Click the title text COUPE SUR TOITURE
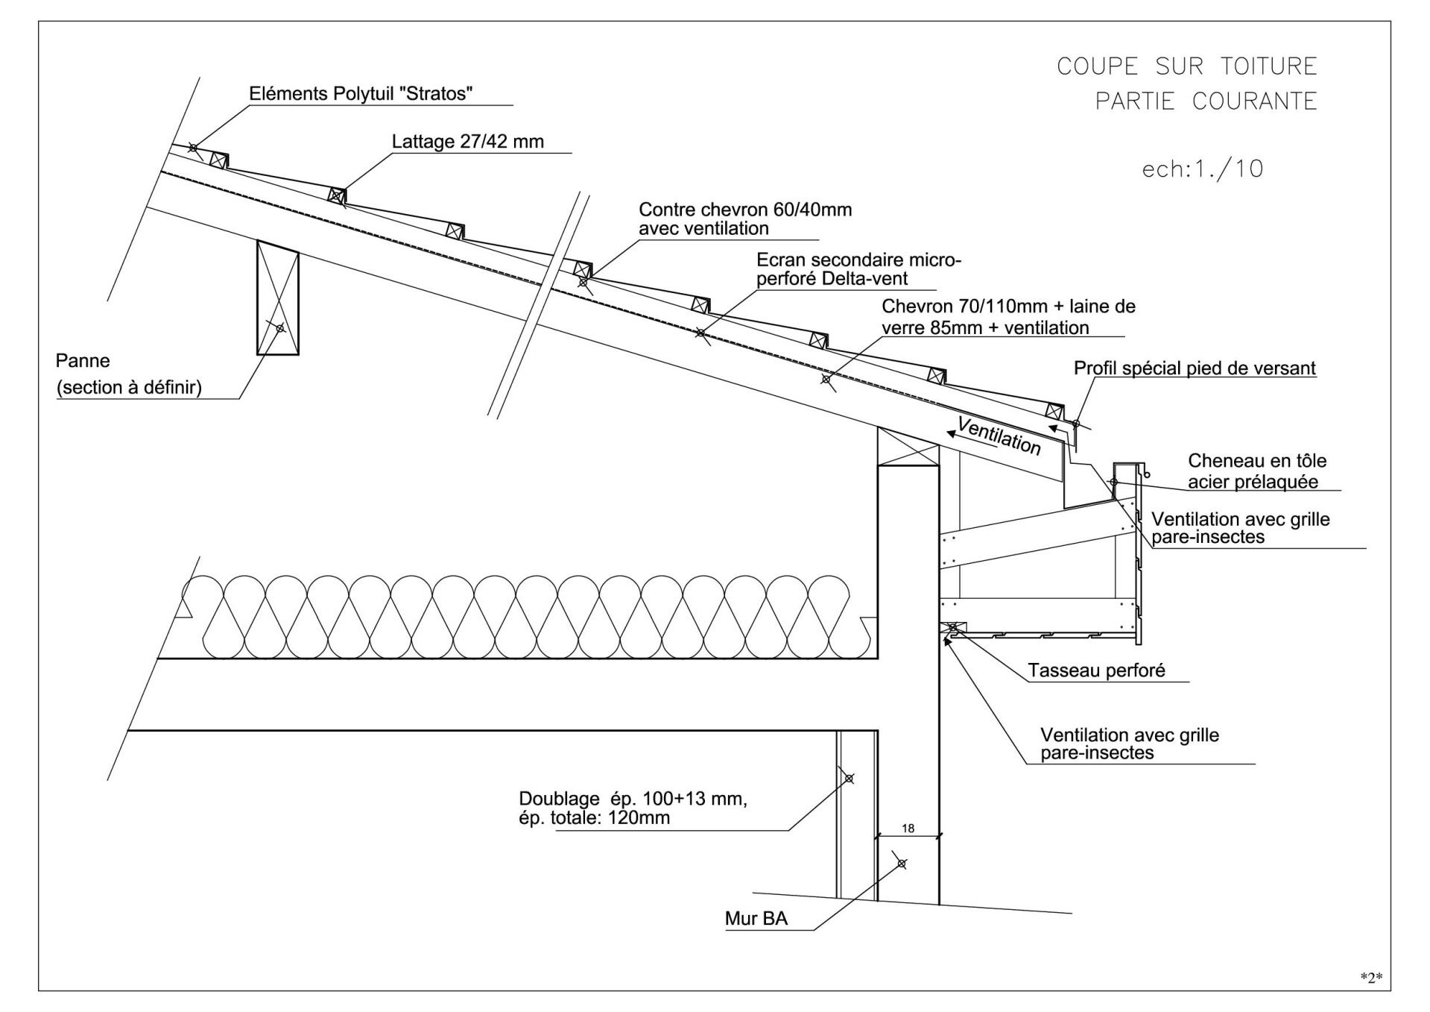tap(1187, 66)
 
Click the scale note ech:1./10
tap(1203, 169)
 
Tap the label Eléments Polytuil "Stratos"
tap(361, 94)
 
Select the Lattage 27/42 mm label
tap(468, 142)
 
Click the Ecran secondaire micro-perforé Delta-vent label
tap(859, 269)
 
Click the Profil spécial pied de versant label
tap(1195, 368)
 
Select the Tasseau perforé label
tap(1096, 670)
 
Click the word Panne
tap(83, 361)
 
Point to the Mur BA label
tap(756, 918)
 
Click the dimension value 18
tap(908, 828)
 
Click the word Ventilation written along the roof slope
tap(999, 436)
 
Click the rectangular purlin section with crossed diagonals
tap(278, 298)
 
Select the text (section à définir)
tap(129, 388)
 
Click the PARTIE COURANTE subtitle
tap(1206, 101)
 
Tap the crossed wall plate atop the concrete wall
tap(908, 447)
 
